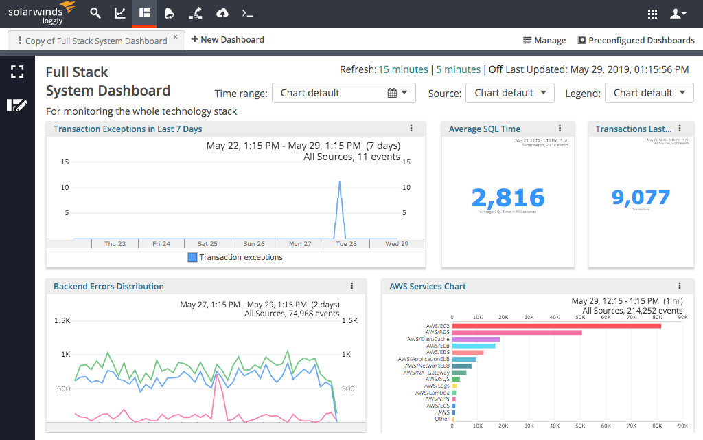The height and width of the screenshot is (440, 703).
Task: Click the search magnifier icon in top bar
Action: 95,13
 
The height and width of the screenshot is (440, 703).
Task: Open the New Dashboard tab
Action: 227,40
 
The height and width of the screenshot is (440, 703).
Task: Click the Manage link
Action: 544,41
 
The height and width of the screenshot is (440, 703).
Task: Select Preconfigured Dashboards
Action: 636,41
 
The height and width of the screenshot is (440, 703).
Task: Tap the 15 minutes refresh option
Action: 403,69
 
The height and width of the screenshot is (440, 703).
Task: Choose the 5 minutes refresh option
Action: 458,69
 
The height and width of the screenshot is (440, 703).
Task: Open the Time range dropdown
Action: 343,93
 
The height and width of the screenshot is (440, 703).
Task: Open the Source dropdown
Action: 509,93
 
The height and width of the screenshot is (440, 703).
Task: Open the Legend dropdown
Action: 649,93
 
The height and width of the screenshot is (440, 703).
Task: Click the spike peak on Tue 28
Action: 339,182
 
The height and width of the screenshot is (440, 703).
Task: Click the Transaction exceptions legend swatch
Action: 193,257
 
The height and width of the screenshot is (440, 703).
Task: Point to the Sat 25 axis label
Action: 207,244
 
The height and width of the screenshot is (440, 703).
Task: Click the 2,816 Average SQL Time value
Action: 508,198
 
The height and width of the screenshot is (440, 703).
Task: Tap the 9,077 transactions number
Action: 641,198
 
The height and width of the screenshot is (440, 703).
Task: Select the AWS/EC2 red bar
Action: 556,325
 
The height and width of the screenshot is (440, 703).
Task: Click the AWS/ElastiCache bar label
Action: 428,339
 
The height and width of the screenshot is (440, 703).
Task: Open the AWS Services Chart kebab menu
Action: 680,286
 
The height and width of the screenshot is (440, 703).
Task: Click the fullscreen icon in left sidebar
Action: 17,71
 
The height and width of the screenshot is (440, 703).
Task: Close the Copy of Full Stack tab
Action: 175,37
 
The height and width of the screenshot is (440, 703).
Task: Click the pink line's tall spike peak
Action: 217,375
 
